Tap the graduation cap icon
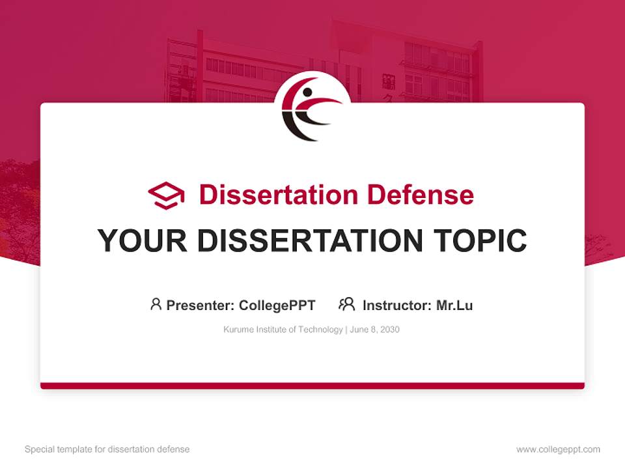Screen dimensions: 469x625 166,195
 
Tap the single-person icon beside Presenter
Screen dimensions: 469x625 156,304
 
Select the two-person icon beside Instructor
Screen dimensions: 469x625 347,304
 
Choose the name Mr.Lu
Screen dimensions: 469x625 454,305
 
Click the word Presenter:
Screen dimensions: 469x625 201,305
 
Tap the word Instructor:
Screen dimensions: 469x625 396,305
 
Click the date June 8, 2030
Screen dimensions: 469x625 374,330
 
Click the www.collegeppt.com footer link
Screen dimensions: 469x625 558,449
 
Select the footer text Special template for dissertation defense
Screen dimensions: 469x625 107,449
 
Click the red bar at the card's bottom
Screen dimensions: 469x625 312,386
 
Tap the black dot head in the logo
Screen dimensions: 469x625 307,92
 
